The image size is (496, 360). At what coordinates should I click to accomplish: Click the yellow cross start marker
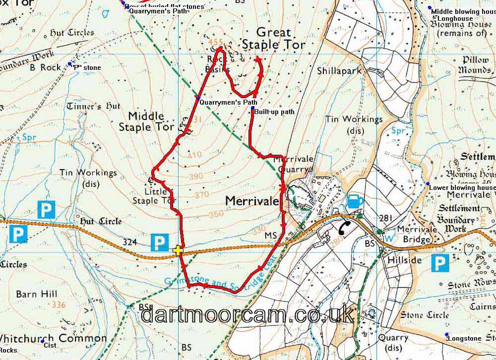[x=178, y=250]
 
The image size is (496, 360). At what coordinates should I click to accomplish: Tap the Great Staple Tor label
[x=273, y=39]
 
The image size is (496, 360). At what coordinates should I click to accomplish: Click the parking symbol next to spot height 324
[x=159, y=242]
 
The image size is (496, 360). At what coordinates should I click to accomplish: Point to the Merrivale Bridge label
[x=414, y=234]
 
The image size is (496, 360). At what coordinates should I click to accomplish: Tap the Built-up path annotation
[x=274, y=112]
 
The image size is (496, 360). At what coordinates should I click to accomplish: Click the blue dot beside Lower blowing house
[x=428, y=184]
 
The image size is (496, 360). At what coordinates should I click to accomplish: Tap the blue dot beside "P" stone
[x=69, y=64]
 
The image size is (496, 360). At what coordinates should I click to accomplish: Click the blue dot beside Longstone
[x=446, y=335]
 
